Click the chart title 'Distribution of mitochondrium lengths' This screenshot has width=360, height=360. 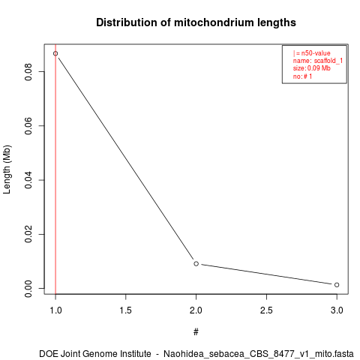pyautogui.click(x=196, y=22)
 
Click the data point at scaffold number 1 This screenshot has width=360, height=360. pyautogui.click(x=55, y=53)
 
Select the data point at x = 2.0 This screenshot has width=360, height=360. pyautogui.click(x=196, y=263)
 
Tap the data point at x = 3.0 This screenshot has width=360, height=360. pyautogui.click(x=337, y=285)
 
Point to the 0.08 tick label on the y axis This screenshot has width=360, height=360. pyautogui.click(x=28, y=72)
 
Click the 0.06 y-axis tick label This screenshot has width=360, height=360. pyautogui.click(x=28, y=126)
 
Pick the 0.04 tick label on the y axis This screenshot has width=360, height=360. pyautogui.click(x=28, y=180)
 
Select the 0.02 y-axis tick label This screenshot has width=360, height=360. pyautogui.click(x=28, y=234)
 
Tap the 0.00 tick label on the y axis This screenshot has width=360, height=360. pyautogui.click(x=28, y=288)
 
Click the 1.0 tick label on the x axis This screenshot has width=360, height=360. pyautogui.click(x=55, y=310)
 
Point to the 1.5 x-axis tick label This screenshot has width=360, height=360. pyautogui.click(x=126, y=310)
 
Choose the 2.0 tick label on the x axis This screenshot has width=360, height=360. pyautogui.click(x=196, y=310)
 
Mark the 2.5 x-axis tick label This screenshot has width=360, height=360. pyautogui.click(x=266, y=310)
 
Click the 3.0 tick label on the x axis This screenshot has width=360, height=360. pyautogui.click(x=337, y=310)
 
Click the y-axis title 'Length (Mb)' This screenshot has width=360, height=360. pyautogui.click(x=7, y=169)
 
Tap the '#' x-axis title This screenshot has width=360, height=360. pyautogui.click(x=196, y=332)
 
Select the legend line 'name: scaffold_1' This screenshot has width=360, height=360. pyautogui.click(x=318, y=61)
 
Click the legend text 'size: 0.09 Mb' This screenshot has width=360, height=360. pyautogui.click(x=312, y=68)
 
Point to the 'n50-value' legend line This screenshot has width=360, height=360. pyautogui.click(x=312, y=53)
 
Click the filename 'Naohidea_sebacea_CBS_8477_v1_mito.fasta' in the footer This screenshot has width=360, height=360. pyautogui.click(x=259, y=354)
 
